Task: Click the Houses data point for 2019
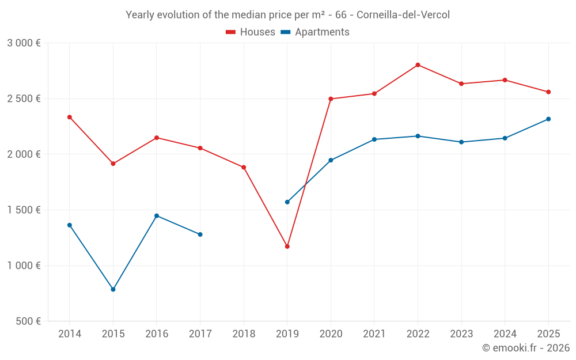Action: pyautogui.click(x=287, y=247)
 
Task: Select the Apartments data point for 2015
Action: pyautogui.click(x=113, y=289)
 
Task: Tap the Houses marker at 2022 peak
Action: pyautogui.click(x=418, y=65)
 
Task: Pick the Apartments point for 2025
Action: pyautogui.click(x=548, y=119)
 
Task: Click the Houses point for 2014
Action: pyautogui.click(x=70, y=117)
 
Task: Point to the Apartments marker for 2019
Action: pyautogui.click(x=287, y=202)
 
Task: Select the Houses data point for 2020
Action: pyautogui.click(x=331, y=99)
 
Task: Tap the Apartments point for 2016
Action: pyautogui.click(x=157, y=216)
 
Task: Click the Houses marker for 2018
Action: pyautogui.click(x=244, y=168)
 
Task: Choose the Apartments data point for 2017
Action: pyautogui.click(x=200, y=234)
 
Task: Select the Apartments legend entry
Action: pyautogui.click(x=315, y=32)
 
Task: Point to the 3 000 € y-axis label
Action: pyautogui.click(x=24, y=43)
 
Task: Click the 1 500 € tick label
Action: pyautogui.click(x=24, y=210)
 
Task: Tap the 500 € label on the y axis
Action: pyautogui.click(x=28, y=321)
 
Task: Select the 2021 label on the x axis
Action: pyautogui.click(x=374, y=334)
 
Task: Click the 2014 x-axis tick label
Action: pyautogui.click(x=70, y=334)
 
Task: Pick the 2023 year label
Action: pyautogui.click(x=461, y=334)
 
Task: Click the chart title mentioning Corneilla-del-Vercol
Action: pyautogui.click(x=287, y=15)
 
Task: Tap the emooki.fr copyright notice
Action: pyautogui.click(x=525, y=348)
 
